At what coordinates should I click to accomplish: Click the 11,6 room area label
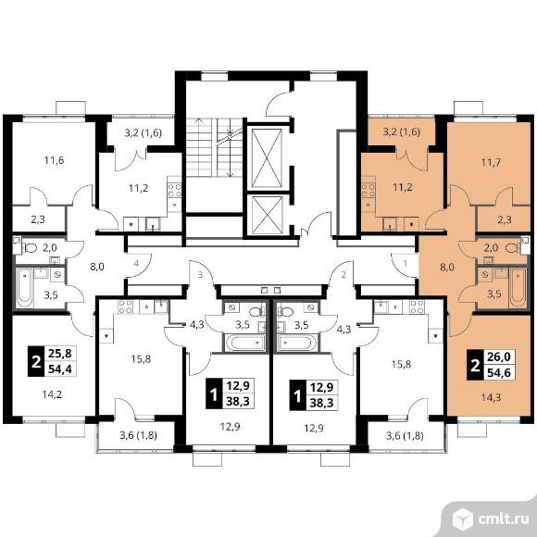pyautogui.click(x=54, y=160)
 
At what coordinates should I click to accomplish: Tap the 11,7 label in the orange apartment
pyautogui.click(x=491, y=162)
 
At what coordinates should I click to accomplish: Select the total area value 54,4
pyautogui.click(x=60, y=369)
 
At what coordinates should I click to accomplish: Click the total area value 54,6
pyautogui.click(x=499, y=372)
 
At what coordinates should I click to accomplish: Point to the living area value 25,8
pyautogui.click(x=60, y=354)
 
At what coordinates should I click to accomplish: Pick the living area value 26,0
pyautogui.click(x=499, y=356)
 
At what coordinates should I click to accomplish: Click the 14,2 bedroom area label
pyautogui.click(x=52, y=394)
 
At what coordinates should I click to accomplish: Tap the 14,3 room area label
pyautogui.click(x=491, y=397)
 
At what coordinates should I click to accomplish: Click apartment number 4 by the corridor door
pyautogui.click(x=136, y=263)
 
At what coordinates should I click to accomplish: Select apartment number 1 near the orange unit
pyautogui.click(x=406, y=263)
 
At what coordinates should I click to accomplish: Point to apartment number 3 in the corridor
pyautogui.click(x=200, y=274)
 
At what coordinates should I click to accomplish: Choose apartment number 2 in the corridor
pyautogui.click(x=343, y=274)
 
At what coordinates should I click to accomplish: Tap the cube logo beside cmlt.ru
pyautogui.click(x=463, y=518)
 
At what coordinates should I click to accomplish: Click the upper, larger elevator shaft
pyautogui.click(x=267, y=158)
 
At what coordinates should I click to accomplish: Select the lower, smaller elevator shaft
pyautogui.click(x=267, y=216)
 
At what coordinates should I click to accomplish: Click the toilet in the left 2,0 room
pyautogui.click(x=30, y=247)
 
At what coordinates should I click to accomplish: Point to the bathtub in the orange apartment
pyautogui.click(x=518, y=288)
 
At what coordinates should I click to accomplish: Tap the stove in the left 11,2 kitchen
pyautogui.click(x=174, y=191)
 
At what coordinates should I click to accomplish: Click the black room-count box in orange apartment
pyautogui.click(x=475, y=365)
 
